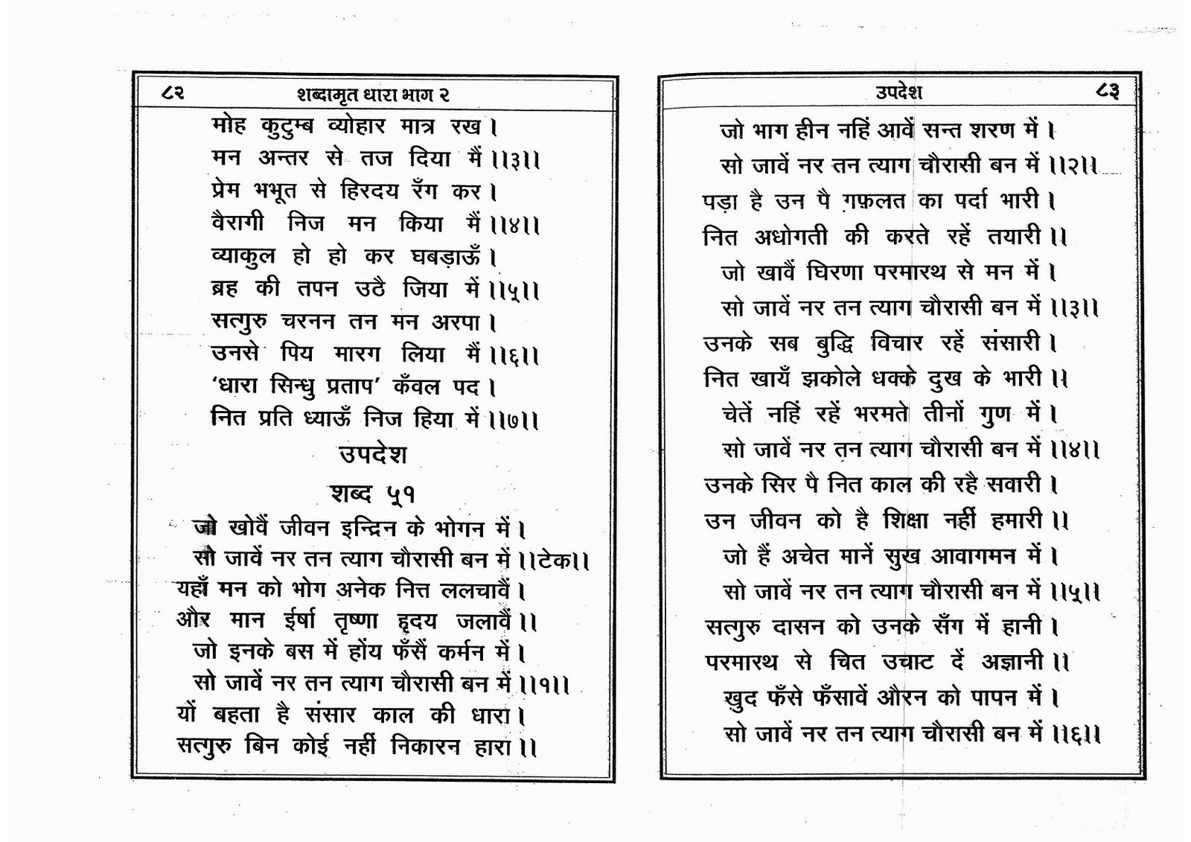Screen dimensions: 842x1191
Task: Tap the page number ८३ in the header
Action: tap(1108, 92)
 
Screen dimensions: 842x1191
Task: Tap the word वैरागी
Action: tap(243, 223)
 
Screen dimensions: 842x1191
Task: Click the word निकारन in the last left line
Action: tap(424, 745)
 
